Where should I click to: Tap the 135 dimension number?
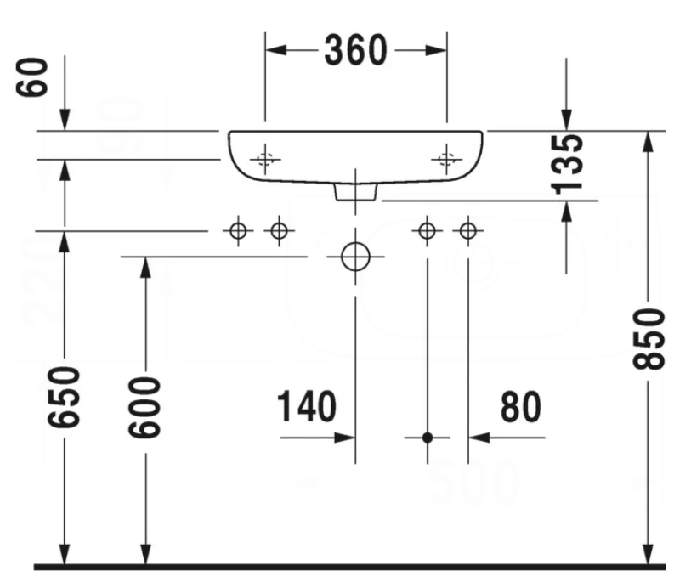pos(567,161)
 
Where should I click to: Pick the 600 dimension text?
pos(145,407)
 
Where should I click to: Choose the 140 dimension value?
pos(305,409)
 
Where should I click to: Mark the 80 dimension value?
pos(519,409)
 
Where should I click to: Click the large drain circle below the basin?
pos(354,256)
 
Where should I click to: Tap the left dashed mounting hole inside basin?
pos(265,158)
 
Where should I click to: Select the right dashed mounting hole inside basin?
pos(445,158)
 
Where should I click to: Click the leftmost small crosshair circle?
pos(238,229)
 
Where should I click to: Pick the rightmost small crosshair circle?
pos(467,229)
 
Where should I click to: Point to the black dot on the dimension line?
pos(428,438)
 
